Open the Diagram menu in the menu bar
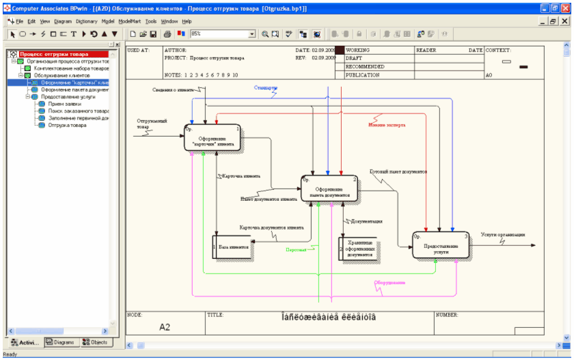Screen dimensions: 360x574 tap(63, 21)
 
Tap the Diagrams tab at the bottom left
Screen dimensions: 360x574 tap(60, 342)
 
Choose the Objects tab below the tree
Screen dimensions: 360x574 tap(94, 342)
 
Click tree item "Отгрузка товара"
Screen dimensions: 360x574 tap(67, 125)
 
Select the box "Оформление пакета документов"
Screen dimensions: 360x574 tap(329, 190)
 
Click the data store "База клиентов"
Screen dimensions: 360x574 tap(232, 247)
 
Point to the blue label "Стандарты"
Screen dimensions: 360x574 tap(265, 88)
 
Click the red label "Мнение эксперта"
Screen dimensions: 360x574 tap(387, 125)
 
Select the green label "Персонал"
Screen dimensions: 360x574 tap(296, 249)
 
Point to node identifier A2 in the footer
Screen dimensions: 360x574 tap(165, 327)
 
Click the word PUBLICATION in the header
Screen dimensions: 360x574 tap(363, 75)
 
